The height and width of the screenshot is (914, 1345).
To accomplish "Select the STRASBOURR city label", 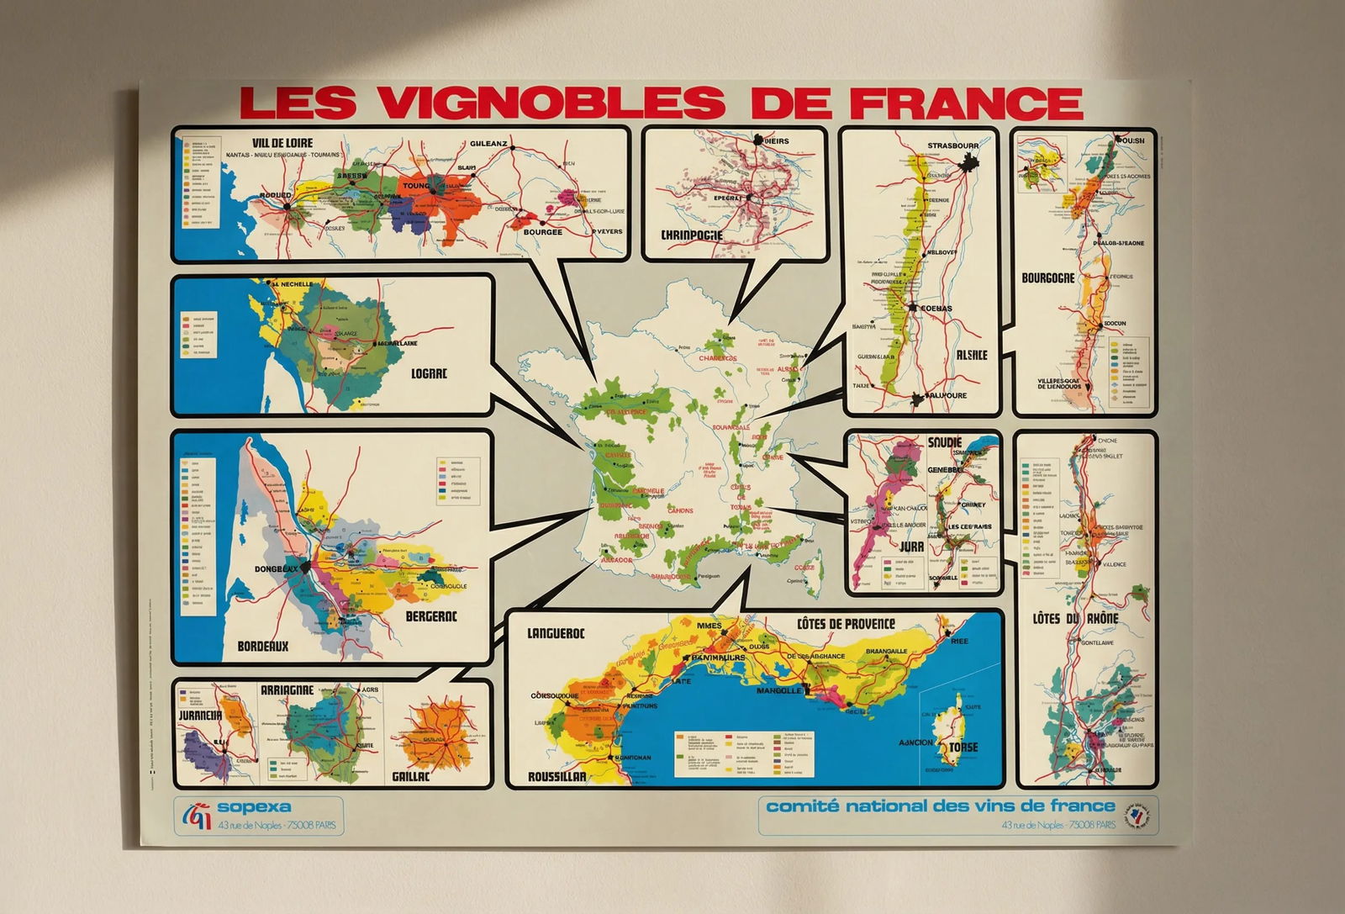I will [953, 145].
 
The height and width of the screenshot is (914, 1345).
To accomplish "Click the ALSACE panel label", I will [971, 355].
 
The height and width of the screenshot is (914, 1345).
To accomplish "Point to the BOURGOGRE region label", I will [1047, 277].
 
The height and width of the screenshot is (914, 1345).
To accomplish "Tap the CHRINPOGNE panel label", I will [691, 235].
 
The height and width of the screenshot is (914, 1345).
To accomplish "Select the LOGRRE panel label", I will [429, 374].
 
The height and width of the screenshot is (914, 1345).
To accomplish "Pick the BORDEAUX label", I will [262, 647].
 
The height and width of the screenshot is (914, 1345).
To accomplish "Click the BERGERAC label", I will [431, 616].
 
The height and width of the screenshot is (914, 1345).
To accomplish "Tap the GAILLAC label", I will [410, 777].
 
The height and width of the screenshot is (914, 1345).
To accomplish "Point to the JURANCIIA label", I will [200, 716].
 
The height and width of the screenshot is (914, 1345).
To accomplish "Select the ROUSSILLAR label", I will [556, 777].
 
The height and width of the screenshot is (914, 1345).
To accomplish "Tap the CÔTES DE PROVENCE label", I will [845, 624].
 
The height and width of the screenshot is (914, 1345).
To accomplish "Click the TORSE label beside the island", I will [963, 748].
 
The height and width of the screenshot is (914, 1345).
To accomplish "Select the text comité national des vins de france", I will [941, 806].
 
